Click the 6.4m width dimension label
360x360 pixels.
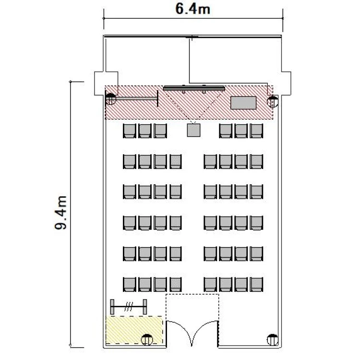point(192,9)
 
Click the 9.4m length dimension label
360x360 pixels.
point(60,213)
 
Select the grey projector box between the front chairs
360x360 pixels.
point(193,130)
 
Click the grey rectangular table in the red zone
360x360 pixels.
point(243,103)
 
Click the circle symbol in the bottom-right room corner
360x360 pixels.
point(273,340)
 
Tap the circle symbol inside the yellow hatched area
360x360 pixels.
point(147,340)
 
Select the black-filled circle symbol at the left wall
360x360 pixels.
point(111,99)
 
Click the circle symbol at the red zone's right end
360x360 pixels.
point(273,102)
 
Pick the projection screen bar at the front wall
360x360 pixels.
point(194,88)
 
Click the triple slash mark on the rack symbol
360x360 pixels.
point(129,307)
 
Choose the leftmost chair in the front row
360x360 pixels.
point(130,131)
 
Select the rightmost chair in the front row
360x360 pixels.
point(256,131)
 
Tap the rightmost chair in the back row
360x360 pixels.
point(256,285)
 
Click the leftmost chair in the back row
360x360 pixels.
point(130,285)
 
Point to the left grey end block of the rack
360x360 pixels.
point(112,307)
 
